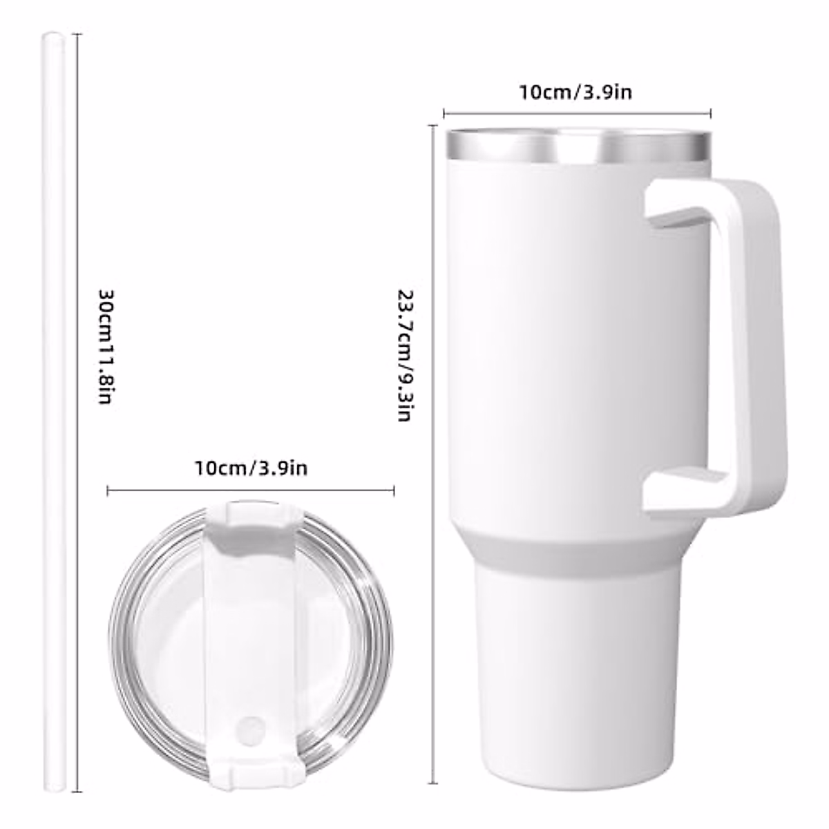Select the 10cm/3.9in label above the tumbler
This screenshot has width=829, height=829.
tap(575, 92)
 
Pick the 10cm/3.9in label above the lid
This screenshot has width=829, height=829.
tap(251, 468)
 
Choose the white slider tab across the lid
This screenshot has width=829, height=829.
tap(250, 622)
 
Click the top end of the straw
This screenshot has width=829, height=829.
tap(54, 36)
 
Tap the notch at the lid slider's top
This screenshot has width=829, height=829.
tap(250, 515)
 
